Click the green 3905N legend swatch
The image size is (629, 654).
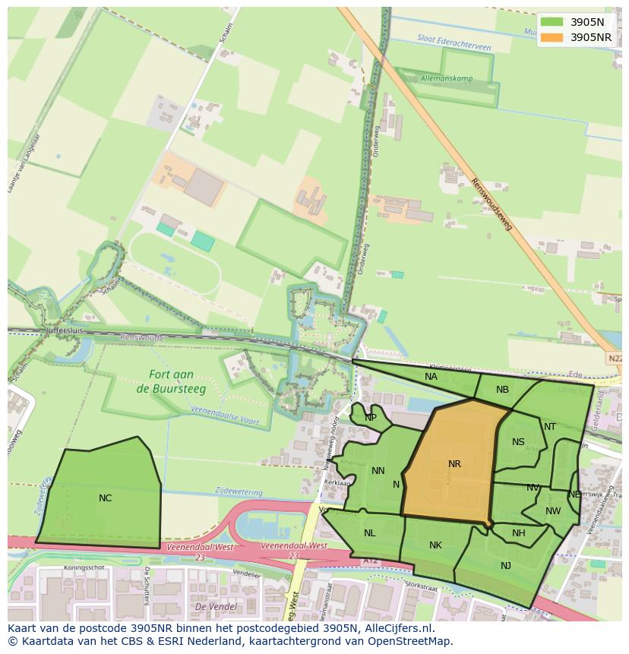pyautogui.click(x=552, y=22)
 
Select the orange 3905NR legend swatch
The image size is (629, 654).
pyautogui.click(x=552, y=37)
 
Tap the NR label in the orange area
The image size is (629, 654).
pyautogui.click(x=454, y=464)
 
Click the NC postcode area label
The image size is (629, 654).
pyautogui.click(x=106, y=498)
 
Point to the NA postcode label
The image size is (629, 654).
pyautogui.click(x=431, y=377)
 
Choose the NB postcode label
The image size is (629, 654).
pyautogui.click(x=502, y=390)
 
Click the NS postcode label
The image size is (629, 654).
pyautogui.click(x=518, y=442)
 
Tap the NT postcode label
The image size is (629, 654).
pyautogui.click(x=550, y=427)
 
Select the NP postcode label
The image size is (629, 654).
pyautogui.click(x=371, y=418)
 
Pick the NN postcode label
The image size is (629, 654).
pyautogui.click(x=378, y=471)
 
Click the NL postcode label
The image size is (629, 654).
pyautogui.click(x=369, y=533)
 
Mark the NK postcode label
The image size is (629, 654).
pyautogui.click(x=435, y=545)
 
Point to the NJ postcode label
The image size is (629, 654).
pyautogui.click(x=506, y=565)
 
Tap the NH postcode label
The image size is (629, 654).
pyautogui.click(x=518, y=533)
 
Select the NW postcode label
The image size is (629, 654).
pyautogui.click(x=553, y=511)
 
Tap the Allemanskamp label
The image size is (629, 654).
pyautogui.click(x=447, y=78)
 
